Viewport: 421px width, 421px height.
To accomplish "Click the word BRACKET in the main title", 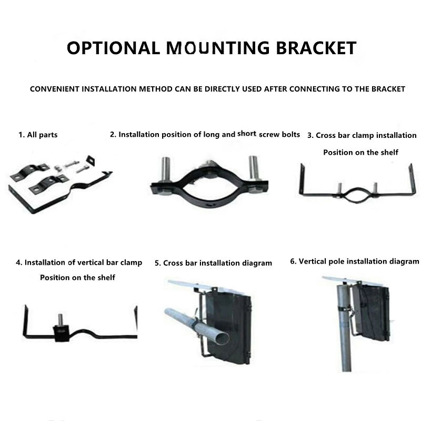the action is (x=316, y=48).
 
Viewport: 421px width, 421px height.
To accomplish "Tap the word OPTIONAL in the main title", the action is (x=113, y=48).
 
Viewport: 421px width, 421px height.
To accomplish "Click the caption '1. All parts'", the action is (x=38, y=135).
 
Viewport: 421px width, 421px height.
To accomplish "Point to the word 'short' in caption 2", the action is (x=247, y=134).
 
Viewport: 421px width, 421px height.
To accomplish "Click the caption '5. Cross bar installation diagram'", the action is (x=214, y=263).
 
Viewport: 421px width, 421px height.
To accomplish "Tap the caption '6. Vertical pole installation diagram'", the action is (x=354, y=261).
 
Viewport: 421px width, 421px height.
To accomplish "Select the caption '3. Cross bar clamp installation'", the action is (x=362, y=135).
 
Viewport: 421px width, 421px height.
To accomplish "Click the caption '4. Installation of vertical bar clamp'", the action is (x=79, y=262).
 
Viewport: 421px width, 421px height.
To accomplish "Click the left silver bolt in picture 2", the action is (x=165, y=169).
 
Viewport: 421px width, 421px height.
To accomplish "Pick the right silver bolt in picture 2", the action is (x=254, y=168).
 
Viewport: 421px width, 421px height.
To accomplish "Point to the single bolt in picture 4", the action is (x=61, y=319).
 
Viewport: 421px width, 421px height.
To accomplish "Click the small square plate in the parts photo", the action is (x=91, y=161).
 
